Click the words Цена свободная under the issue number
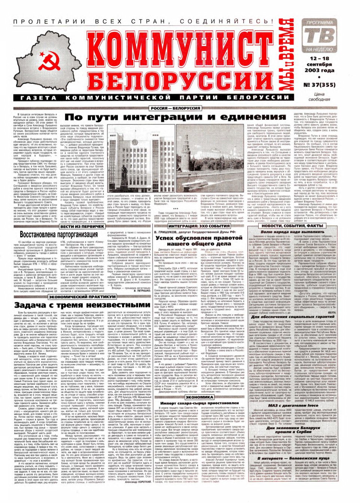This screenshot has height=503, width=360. tap(319, 97)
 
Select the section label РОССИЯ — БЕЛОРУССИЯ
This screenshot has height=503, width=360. tap(175, 108)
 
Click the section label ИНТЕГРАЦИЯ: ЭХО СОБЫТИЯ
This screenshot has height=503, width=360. tap(199, 227)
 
